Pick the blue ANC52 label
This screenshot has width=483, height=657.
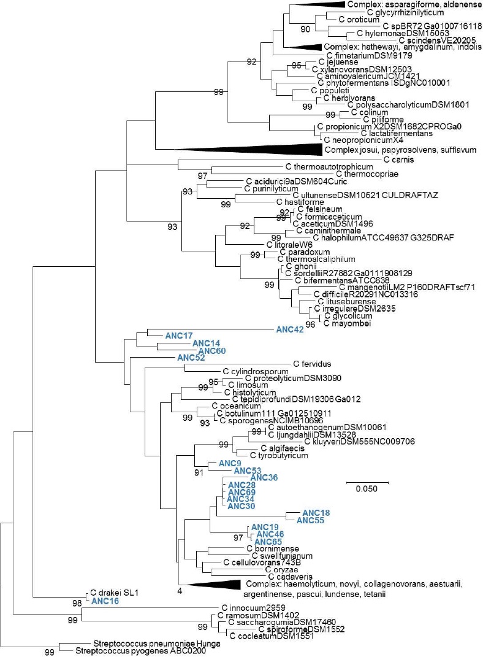pyautogui.click(x=190, y=358)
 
